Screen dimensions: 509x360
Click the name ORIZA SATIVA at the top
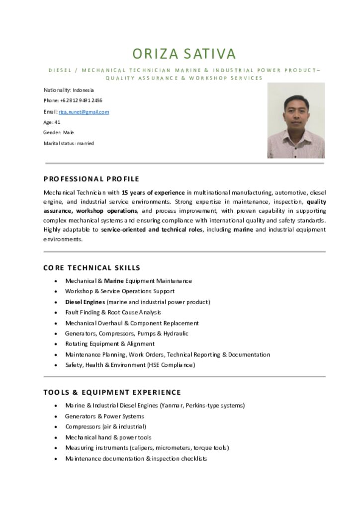(x=184, y=54)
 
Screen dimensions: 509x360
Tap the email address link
(x=84, y=112)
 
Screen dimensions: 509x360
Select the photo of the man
(x=296, y=121)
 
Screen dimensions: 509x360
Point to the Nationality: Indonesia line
(x=69, y=90)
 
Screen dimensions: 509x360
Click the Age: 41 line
(x=52, y=122)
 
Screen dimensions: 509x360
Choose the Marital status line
(x=69, y=143)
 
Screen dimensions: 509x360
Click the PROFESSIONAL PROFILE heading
(x=91, y=179)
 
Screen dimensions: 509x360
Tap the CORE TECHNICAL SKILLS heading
(x=92, y=268)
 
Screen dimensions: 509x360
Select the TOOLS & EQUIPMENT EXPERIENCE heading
(x=112, y=392)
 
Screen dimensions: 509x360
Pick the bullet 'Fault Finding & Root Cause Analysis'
(x=113, y=312)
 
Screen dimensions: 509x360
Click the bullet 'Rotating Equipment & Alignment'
(x=110, y=343)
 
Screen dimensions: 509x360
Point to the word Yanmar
(x=172, y=405)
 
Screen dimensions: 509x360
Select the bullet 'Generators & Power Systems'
(x=104, y=416)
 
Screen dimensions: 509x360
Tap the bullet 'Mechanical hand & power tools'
(x=108, y=437)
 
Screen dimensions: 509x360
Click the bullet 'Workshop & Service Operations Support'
(x=120, y=291)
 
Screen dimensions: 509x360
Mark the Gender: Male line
(x=58, y=133)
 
